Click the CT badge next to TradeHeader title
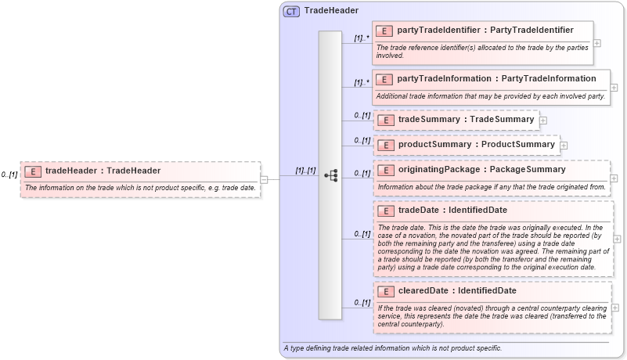pos(291,11)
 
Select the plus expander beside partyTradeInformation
pos(614,87)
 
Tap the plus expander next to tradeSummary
pos(543,120)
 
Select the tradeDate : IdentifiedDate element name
pos(452,210)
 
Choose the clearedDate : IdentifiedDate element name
pos(457,291)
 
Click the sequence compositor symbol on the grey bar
pos(330,175)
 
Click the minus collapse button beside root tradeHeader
pos(264,179)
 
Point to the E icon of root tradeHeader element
pos(33,171)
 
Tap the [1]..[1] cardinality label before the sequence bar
pos(304,171)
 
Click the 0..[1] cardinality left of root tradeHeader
pos(9,175)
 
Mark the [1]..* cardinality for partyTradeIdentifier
pos(361,38)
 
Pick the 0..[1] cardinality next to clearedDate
pos(361,303)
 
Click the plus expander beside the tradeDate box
pos(617,239)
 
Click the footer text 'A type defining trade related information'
pos(392,348)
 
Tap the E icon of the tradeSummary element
pos(384,120)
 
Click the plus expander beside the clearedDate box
pos(617,308)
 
